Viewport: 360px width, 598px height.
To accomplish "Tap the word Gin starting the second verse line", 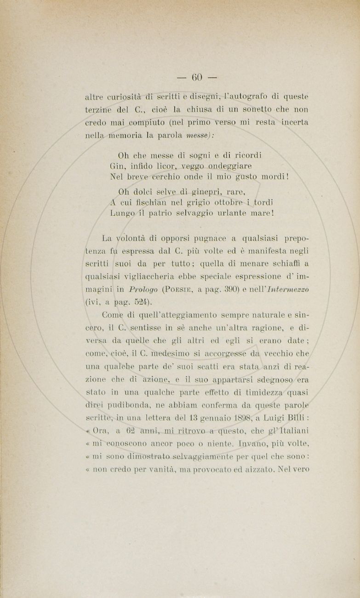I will (118, 166).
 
